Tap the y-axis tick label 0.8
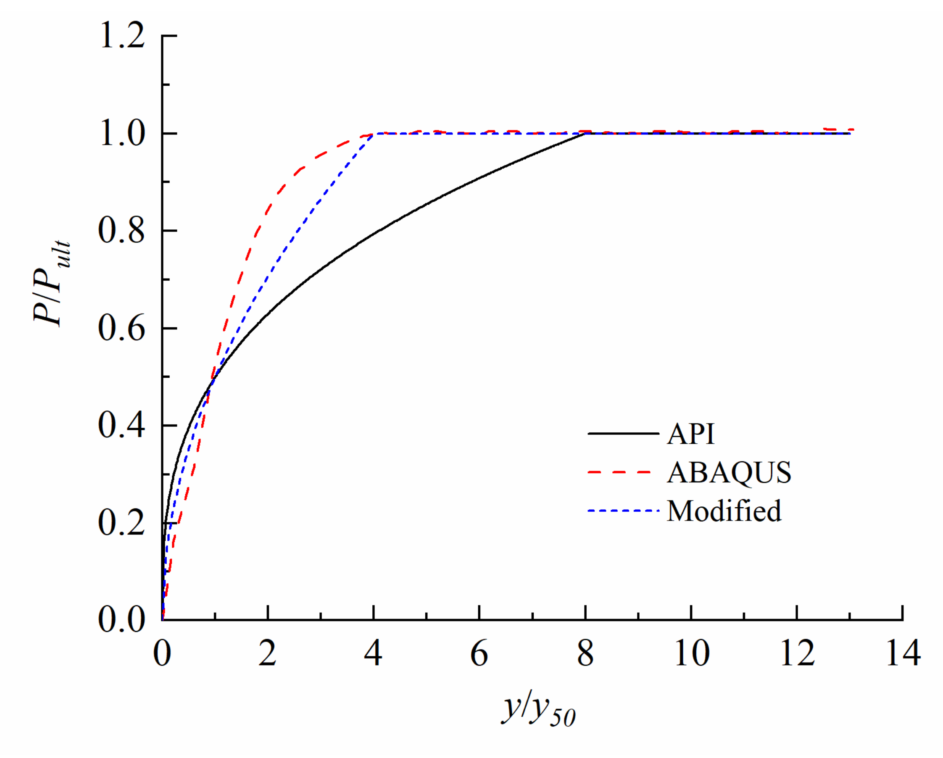coord(121,231)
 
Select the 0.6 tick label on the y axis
coord(121,329)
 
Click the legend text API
coord(690,434)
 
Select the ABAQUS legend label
coord(729,473)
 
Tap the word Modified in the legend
coord(724,511)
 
